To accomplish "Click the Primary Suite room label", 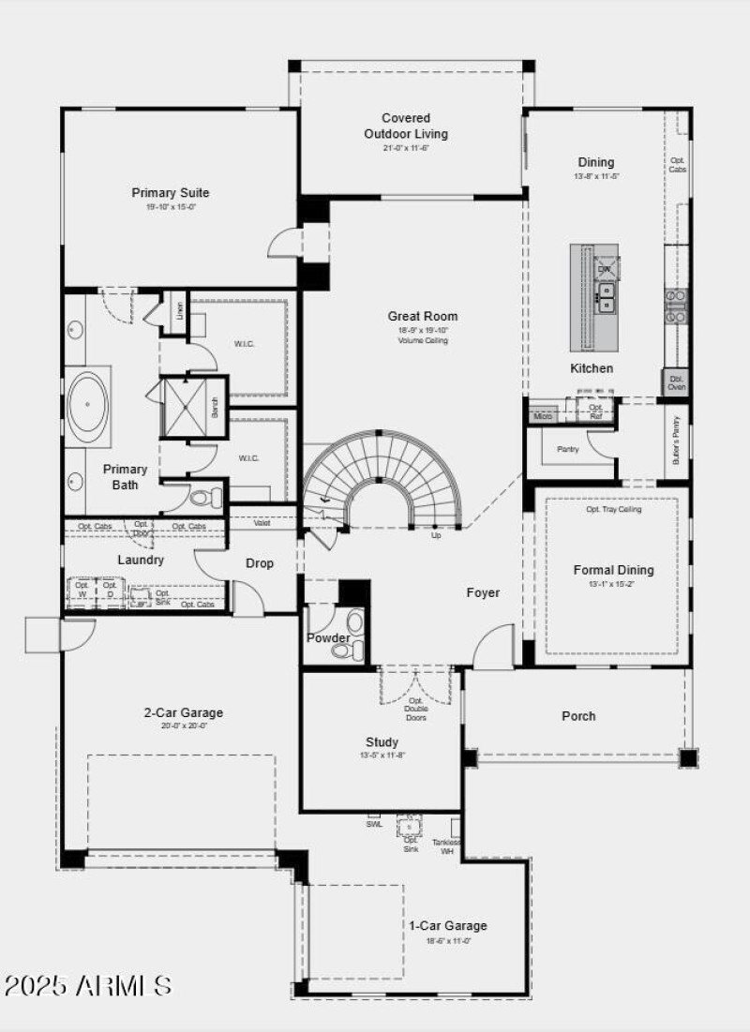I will (x=170, y=193).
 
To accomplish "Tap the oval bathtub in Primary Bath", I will (x=88, y=405).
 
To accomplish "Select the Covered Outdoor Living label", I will (x=406, y=126).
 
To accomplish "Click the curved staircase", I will (x=384, y=473).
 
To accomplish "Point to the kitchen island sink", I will (x=607, y=298).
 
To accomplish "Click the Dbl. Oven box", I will (x=676, y=381).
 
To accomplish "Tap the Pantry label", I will (x=567, y=450).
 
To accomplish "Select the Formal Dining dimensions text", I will (x=613, y=583).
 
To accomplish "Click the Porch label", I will (x=578, y=716).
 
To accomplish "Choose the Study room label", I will (x=382, y=741).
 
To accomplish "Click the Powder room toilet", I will (x=354, y=622).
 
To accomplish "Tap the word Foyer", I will (x=483, y=592).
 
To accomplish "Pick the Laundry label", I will (x=141, y=560).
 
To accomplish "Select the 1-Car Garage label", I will (x=447, y=925).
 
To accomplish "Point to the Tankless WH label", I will (x=446, y=846).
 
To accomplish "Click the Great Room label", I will (x=423, y=316).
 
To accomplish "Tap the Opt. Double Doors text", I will (x=415, y=709).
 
